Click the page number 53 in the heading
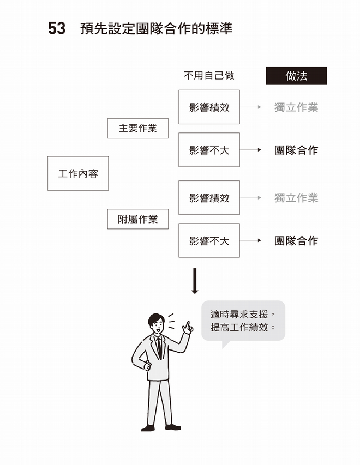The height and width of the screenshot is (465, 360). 57,28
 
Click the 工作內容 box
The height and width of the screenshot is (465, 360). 78,173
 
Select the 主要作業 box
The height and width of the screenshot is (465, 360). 137,128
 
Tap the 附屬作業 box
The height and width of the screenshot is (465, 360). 137,219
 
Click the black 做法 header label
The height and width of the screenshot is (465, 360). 296,76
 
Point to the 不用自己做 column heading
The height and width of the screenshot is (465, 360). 209,76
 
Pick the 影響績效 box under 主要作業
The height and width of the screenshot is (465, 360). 209,107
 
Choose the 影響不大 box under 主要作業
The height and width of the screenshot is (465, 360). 209,150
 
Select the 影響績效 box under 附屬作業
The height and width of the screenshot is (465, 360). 209,197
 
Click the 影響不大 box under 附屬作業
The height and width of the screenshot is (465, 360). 209,240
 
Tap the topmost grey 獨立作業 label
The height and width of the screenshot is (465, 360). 296,107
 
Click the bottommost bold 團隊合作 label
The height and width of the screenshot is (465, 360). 296,240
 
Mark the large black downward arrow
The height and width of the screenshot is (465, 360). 195,281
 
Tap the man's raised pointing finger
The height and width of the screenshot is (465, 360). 186,325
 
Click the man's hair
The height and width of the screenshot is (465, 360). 155,318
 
